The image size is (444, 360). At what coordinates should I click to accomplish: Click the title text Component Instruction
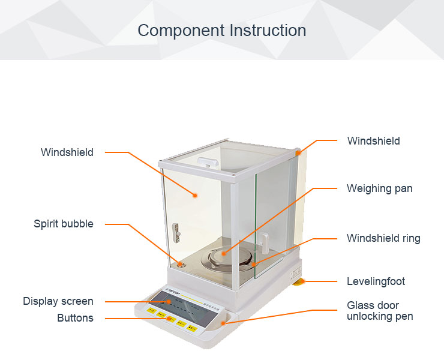pos(222,31)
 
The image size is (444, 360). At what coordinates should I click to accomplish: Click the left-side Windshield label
pos(67,152)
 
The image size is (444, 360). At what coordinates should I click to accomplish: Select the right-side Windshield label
pos(373,141)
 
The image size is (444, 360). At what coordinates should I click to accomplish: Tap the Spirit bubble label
pos(64,224)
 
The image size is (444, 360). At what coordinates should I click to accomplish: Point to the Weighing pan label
pos(379,188)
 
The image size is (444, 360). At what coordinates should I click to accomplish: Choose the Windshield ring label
pos(383,238)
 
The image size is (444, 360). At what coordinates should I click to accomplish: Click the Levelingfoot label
pos(376,281)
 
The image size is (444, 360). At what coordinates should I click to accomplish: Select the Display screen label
pos(58,301)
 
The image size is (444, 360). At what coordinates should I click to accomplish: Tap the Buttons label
pos(75,318)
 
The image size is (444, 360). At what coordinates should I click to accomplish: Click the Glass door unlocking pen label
pos(379,311)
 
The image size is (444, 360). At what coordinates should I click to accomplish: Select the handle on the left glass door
pos(176,229)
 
